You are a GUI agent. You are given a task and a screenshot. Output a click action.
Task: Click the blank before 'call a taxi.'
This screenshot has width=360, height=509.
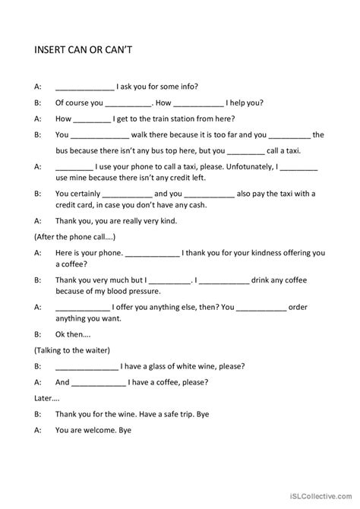point(251,150)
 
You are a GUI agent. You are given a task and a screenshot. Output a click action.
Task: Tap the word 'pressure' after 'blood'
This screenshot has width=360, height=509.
point(144,291)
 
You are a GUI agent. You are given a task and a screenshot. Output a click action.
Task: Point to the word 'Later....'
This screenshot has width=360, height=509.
point(47,397)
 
